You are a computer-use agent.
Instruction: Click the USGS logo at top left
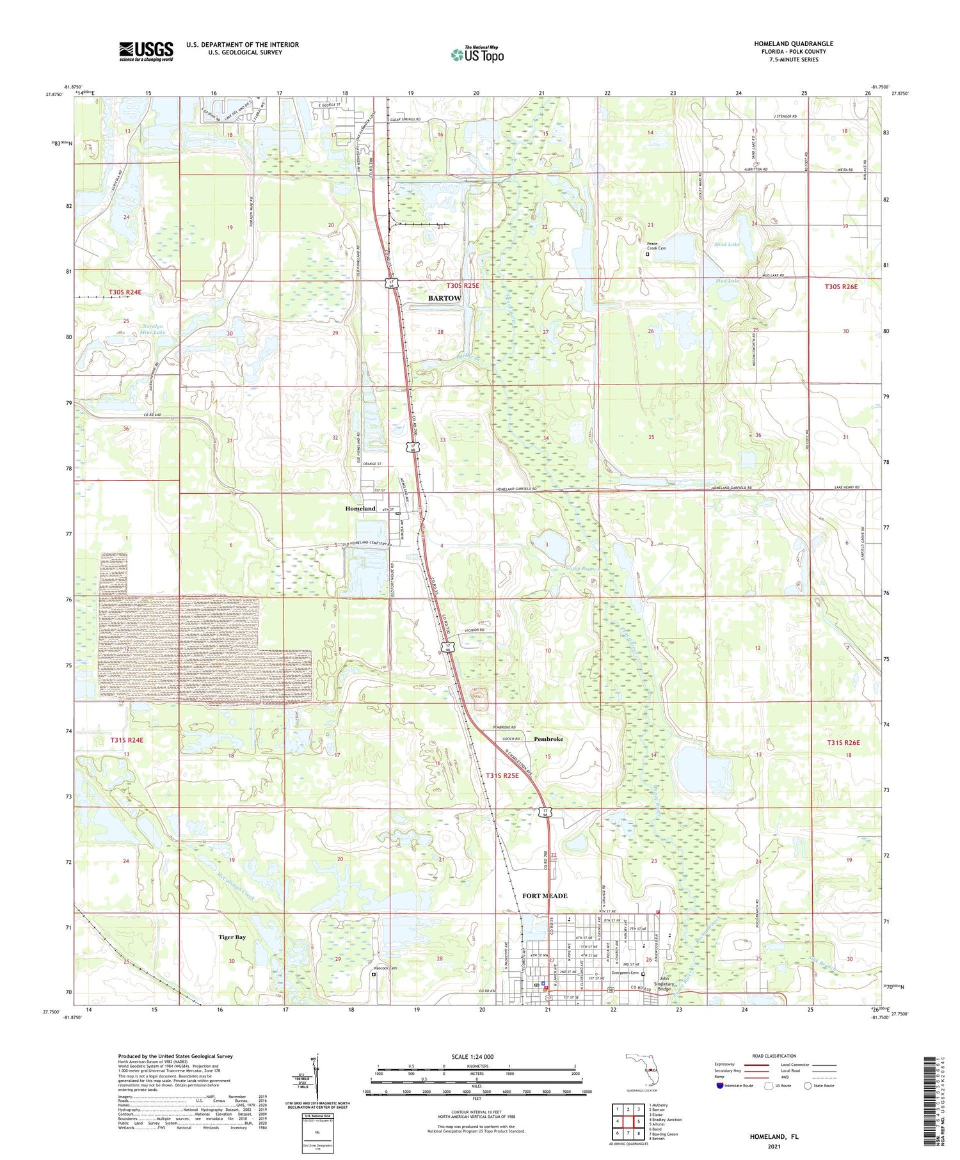(146, 51)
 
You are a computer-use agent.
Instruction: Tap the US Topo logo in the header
(477, 55)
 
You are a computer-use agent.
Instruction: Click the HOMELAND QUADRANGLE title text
(793, 44)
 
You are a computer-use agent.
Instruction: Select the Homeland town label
(360, 508)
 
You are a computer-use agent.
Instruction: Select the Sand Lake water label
(727, 244)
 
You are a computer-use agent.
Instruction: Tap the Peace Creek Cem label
(656, 246)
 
